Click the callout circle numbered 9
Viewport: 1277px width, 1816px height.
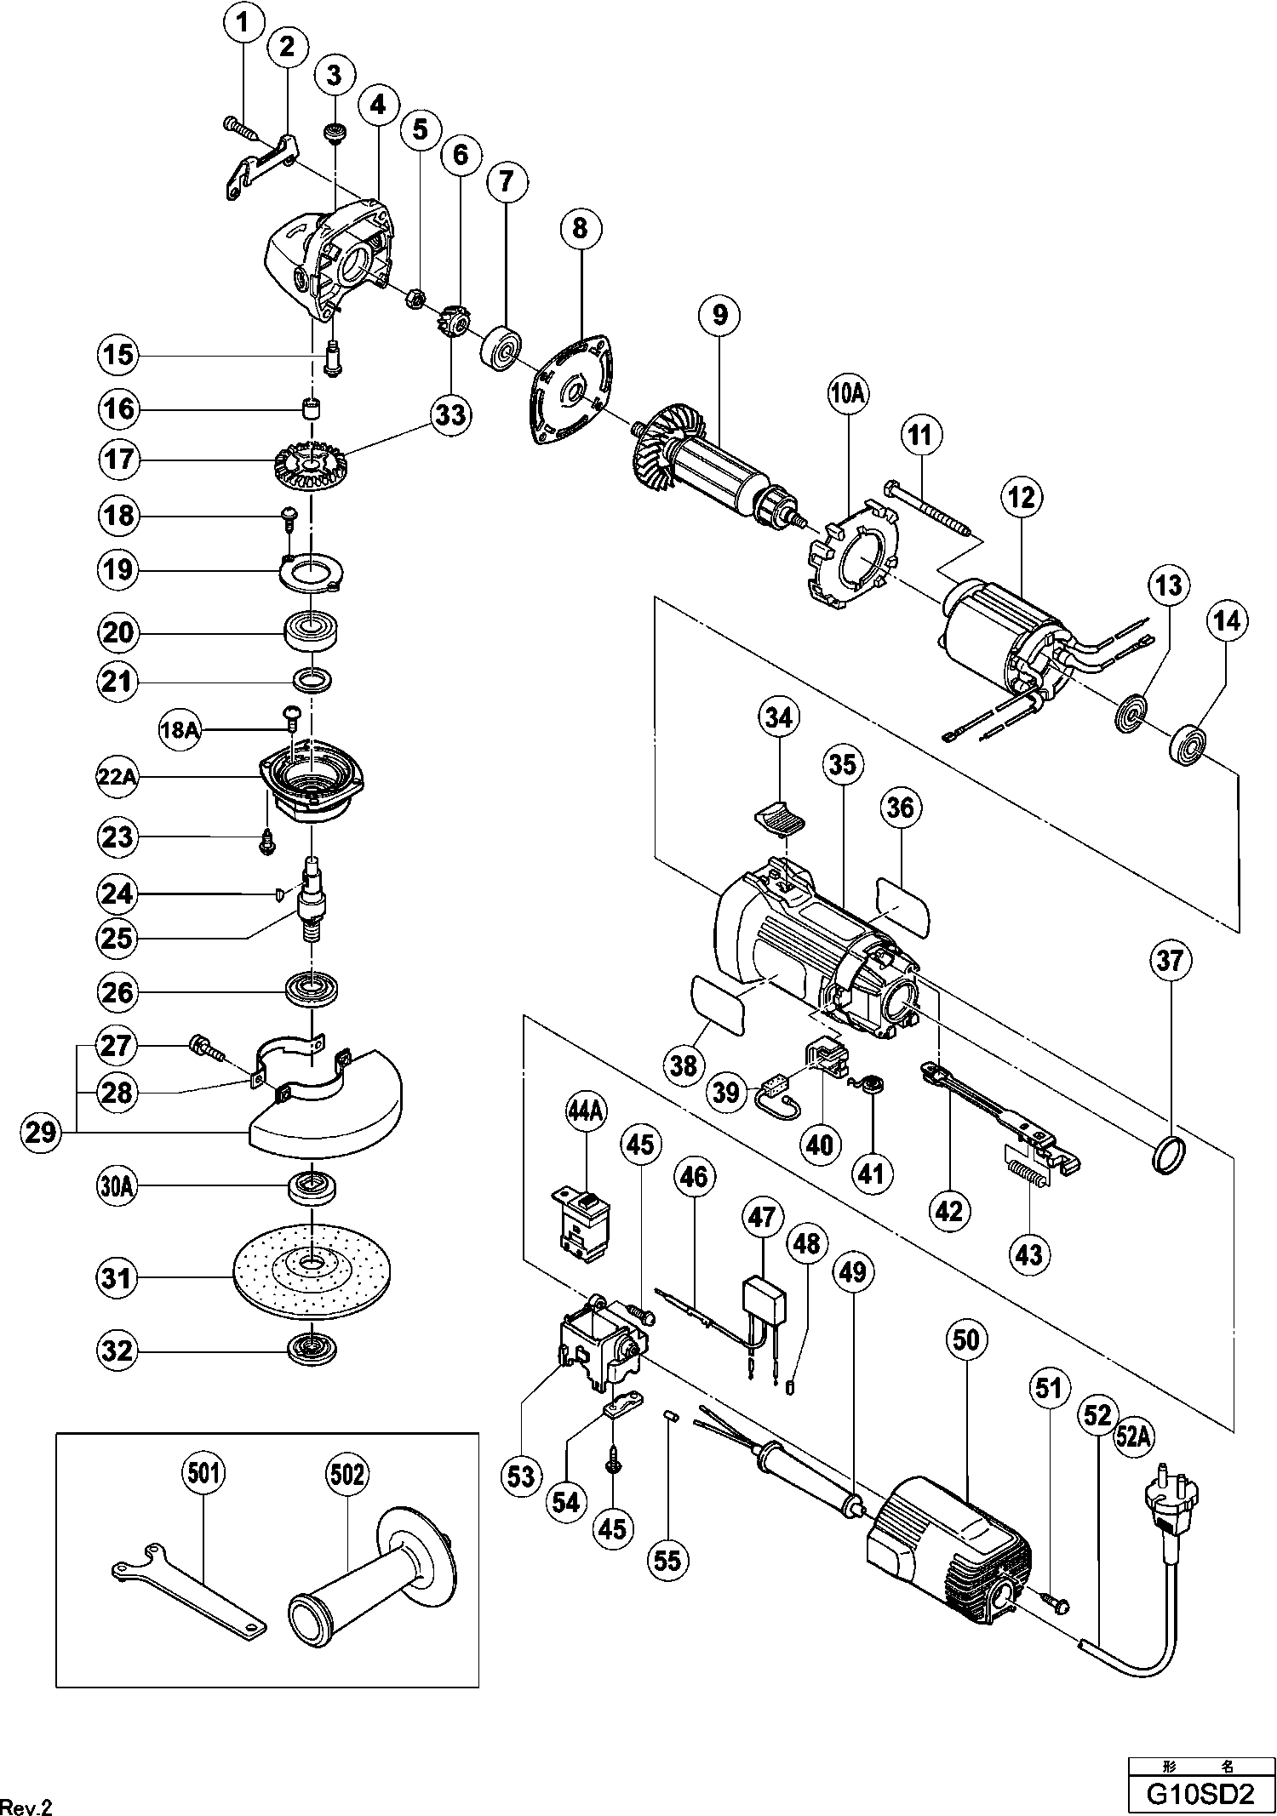coord(720,315)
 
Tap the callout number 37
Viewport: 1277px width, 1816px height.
coord(1170,961)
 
